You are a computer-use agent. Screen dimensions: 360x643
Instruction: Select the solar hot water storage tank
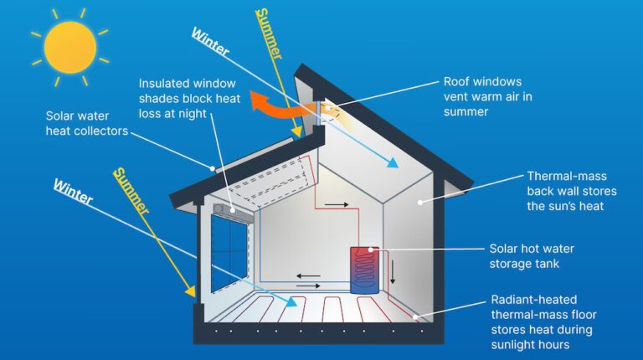pos(364,270)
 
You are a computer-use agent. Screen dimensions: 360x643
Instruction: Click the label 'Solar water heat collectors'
pos(88,124)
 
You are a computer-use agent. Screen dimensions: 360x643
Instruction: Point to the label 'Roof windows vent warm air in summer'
pos(482,96)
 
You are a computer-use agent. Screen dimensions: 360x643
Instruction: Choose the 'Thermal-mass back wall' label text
pos(572,191)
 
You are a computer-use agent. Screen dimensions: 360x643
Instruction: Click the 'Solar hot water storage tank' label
pos(532,256)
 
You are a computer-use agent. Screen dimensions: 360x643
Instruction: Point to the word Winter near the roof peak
pos(210,44)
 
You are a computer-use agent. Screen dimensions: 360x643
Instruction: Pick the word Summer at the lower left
pos(131,192)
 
